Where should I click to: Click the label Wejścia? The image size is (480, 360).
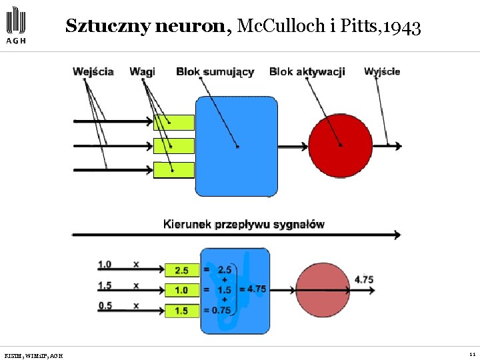pyautogui.click(x=93, y=71)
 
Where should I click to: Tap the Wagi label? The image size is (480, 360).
pyautogui.click(x=142, y=71)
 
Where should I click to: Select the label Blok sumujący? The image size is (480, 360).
pyautogui.click(x=215, y=71)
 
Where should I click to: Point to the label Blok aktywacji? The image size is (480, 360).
pyautogui.click(x=307, y=71)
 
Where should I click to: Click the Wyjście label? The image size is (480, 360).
pyautogui.click(x=382, y=71)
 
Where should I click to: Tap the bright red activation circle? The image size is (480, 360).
pyautogui.click(x=340, y=145)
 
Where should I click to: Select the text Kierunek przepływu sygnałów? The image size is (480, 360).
pyautogui.click(x=243, y=224)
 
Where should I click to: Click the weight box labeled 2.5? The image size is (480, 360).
pyautogui.click(x=181, y=270)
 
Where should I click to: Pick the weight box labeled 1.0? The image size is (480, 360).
pyautogui.click(x=181, y=291)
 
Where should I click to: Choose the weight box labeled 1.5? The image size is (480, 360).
pyautogui.click(x=181, y=311)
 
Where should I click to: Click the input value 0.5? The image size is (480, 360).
pyautogui.click(x=105, y=306)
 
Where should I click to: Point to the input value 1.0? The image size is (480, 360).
pyautogui.click(x=105, y=265)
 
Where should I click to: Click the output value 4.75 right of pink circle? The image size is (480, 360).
pyautogui.click(x=364, y=280)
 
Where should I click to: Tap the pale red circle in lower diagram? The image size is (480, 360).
pyautogui.click(x=323, y=290)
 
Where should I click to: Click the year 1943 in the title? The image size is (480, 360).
pyautogui.click(x=403, y=27)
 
